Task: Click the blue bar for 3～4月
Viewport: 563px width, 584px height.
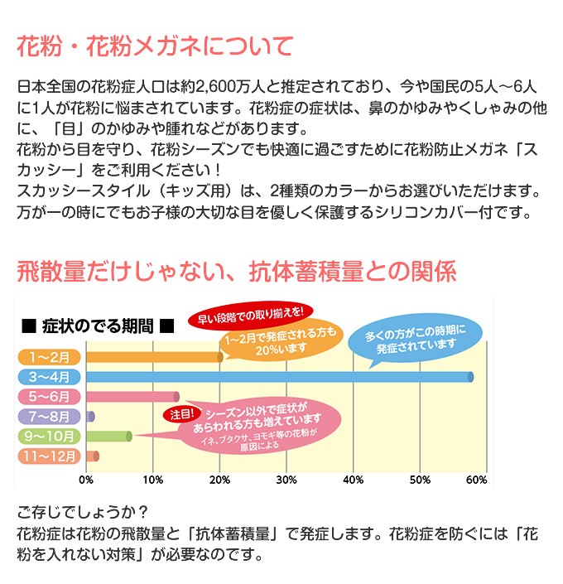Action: click(x=280, y=377)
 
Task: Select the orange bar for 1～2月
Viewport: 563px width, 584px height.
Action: click(x=155, y=357)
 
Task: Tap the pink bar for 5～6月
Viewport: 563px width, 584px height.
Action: click(x=132, y=397)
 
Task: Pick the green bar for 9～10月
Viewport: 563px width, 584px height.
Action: click(x=109, y=437)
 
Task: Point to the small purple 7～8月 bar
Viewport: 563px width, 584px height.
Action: click(x=90, y=417)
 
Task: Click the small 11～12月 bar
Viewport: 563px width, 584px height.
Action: click(x=93, y=456)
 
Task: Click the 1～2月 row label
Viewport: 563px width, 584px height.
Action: click(x=49, y=357)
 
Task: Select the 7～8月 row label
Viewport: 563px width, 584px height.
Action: click(x=49, y=417)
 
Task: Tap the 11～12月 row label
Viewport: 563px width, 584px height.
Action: click(x=49, y=456)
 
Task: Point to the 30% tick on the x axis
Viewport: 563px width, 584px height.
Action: click(x=286, y=480)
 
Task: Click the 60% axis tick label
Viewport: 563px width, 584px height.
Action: click(x=476, y=480)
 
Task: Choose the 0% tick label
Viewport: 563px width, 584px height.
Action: click(x=86, y=480)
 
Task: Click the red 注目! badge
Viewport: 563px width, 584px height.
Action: click(x=182, y=414)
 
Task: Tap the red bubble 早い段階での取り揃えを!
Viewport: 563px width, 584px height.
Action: click(x=250, y=316)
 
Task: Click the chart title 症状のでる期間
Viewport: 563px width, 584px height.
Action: click(x=98, y=326)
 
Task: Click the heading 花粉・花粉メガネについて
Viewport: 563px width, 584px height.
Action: click(x=156, y=46)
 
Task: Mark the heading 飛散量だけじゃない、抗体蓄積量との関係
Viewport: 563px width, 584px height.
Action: click(x=237, y=271)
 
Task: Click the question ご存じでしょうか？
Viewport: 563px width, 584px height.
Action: click(x=83, y=513)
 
